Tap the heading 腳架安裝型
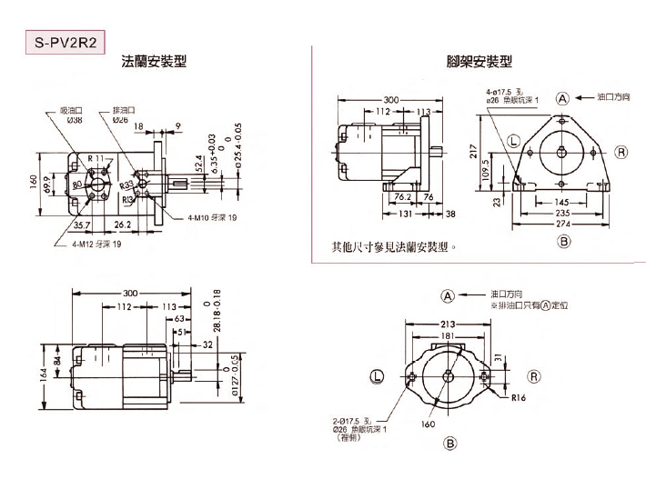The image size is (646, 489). [x=479, y=62]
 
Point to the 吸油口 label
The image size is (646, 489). [x=72, y=110]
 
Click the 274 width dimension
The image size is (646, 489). [x=563, y=224]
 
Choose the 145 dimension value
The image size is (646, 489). [x=562, y=202]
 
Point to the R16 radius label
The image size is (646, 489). [x=519, y=397]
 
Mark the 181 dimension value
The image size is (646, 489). [x=448, y=336]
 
